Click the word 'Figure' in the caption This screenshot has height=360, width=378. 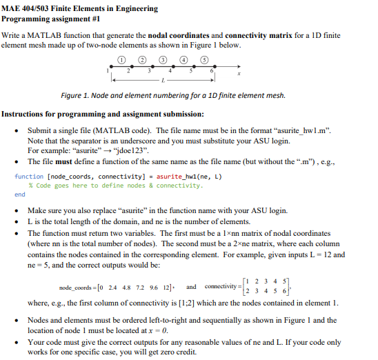coord(73,95)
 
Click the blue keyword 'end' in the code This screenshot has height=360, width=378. coord(19,194)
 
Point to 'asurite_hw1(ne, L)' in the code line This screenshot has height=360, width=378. coord(179,177)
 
